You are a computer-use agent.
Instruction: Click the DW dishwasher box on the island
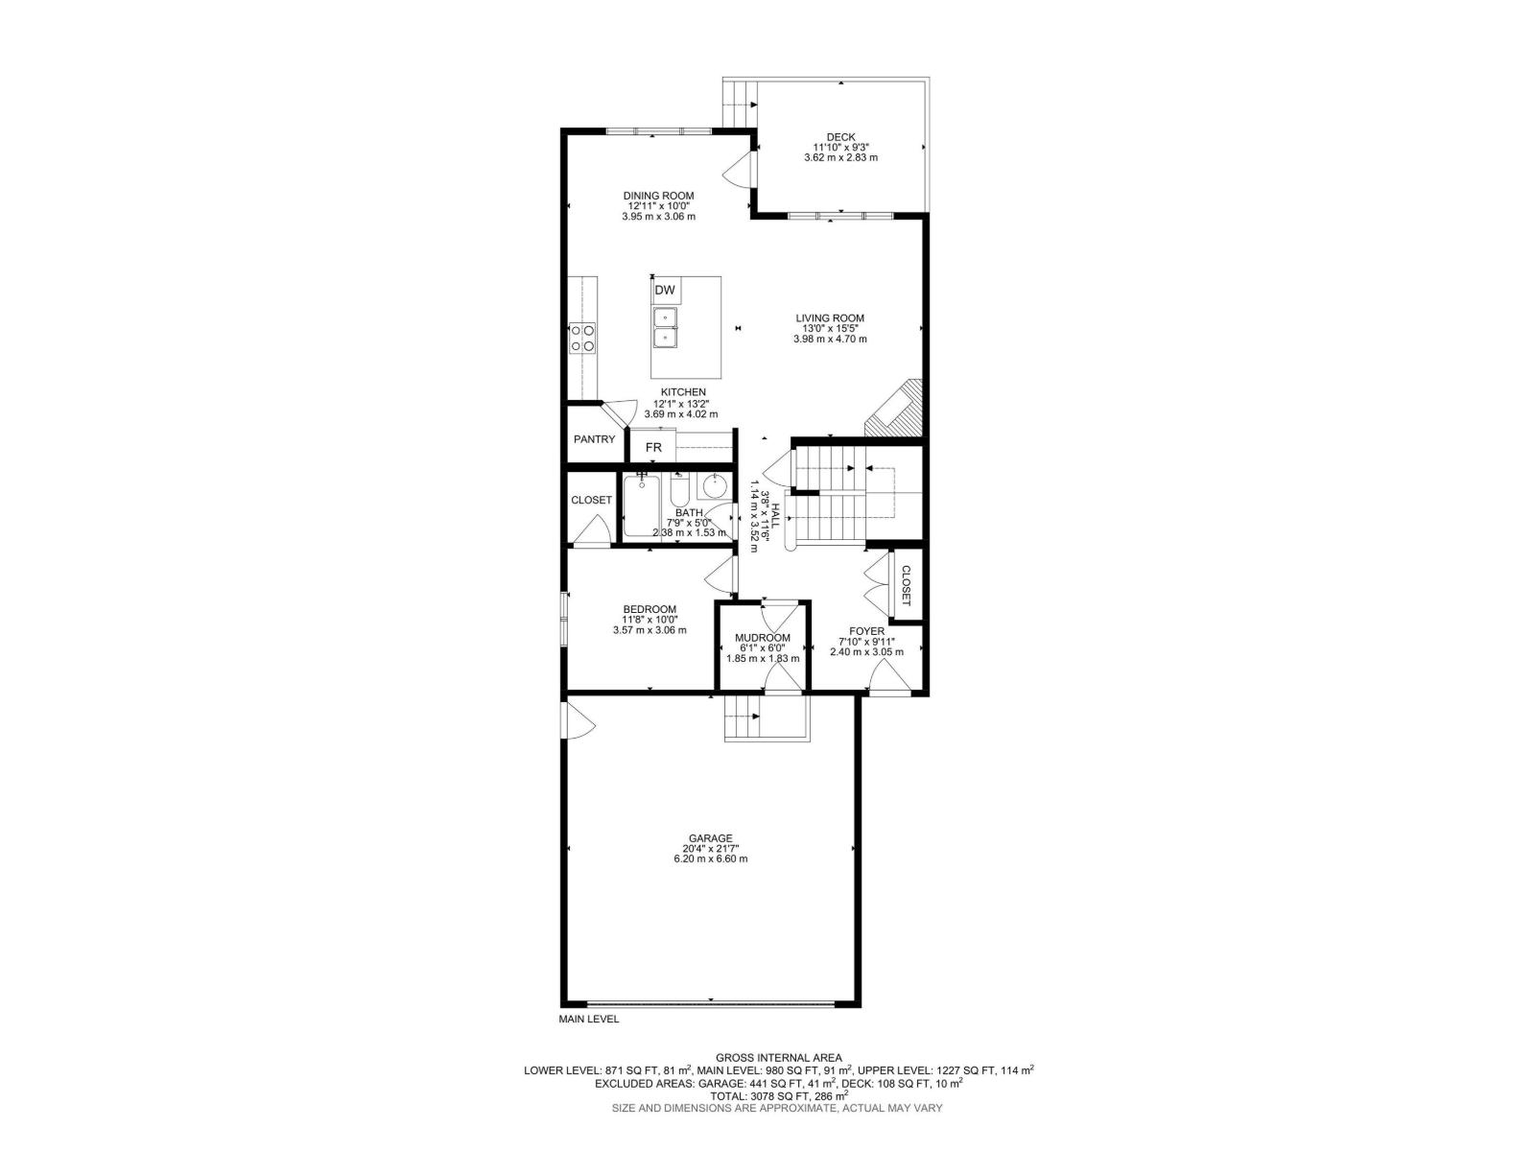point(665,291)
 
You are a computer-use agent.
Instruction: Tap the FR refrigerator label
point(653,447)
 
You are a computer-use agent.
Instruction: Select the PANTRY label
point(594,439)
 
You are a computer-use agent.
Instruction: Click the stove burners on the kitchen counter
point(582,338)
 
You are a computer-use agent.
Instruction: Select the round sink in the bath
point(714,487)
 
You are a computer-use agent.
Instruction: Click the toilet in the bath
point(678,491)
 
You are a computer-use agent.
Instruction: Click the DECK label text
point(840,137)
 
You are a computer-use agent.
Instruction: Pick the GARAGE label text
point(710,838)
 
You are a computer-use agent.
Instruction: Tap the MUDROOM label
point(763,638)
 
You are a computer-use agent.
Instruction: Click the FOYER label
point(866,631)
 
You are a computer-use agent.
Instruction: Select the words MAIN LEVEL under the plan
point(589,1020)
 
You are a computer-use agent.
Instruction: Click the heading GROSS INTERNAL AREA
point(778,1058)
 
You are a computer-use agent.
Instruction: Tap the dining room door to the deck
point(739,171)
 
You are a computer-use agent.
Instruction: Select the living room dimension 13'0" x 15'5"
point(830,328)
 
